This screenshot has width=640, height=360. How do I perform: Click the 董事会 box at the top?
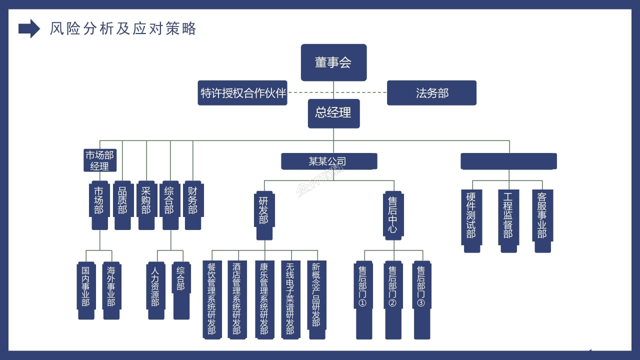[x=333, y=62]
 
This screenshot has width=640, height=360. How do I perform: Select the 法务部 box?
[x=431, y=93]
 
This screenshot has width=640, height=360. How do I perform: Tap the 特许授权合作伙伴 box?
[x=242, y=93]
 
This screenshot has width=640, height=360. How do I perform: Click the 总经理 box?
[x=333, y=113]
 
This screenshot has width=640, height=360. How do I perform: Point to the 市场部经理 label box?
[x=100, y=160]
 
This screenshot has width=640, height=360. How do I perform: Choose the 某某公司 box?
[x=328, y=161]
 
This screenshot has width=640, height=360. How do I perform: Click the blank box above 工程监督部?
[x=508, y=161]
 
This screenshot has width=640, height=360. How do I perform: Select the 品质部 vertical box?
[x=122, y=205]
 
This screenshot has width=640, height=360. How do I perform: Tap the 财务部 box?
[x=193, y=205]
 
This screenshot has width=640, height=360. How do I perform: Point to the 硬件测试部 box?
[x=471, y=220]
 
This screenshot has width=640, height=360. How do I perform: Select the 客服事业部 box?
[x=542, y=220]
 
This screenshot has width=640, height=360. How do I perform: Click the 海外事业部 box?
[x=111, y=290]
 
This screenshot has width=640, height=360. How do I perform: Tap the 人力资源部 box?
[x=155, y=290]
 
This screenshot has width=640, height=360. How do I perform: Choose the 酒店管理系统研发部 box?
[x=237, y=299]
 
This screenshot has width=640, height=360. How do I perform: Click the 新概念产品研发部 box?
[x=316, y=295]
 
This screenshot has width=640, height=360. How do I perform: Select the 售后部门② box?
[x=392, y=299]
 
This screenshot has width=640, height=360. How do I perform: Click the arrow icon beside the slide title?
[x=29, y=28]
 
